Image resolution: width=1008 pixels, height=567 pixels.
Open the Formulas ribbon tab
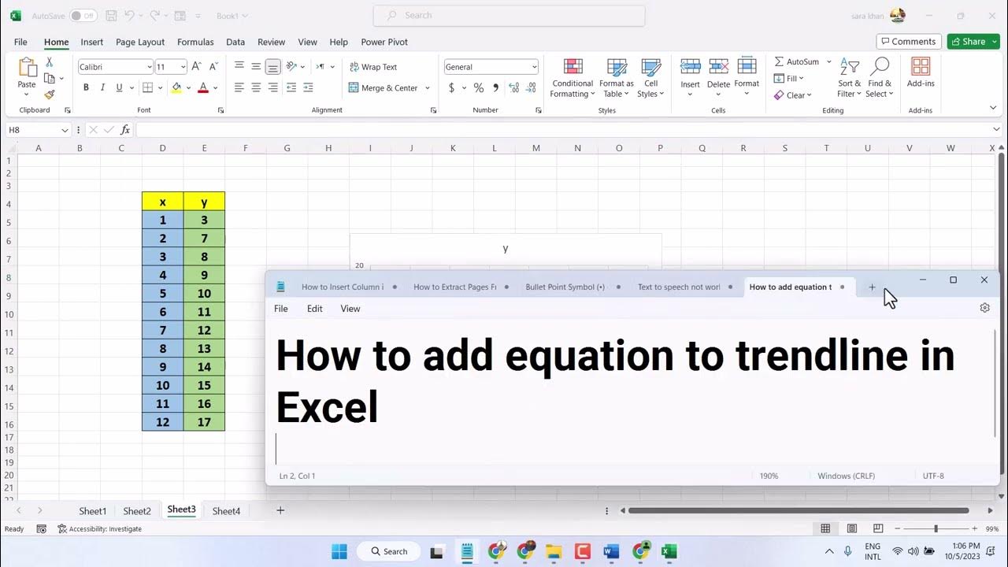click(195, 43)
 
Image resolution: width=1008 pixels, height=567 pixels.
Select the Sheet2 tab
click(137, 511)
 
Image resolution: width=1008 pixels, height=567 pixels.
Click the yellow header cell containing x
click(163, 202)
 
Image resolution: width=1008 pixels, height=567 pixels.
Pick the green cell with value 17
click(204, 422)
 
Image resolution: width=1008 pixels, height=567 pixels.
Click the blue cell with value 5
click(163, 294)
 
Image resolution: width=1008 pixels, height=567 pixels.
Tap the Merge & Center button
click(389, 88)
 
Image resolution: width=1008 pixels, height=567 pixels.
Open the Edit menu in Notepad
click(315, 309)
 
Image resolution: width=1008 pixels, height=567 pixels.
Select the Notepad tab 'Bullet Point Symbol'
click(565, 287)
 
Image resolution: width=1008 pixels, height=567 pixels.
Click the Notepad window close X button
click(984, 280)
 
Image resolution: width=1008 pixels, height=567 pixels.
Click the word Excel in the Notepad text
click(328, 408)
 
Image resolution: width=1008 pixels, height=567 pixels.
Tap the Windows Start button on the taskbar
click(339, 551)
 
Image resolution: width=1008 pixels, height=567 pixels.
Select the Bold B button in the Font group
click(87, 88)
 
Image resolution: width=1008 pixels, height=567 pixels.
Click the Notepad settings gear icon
click(984, 308)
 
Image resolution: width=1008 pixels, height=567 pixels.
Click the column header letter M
click(536, 148)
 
